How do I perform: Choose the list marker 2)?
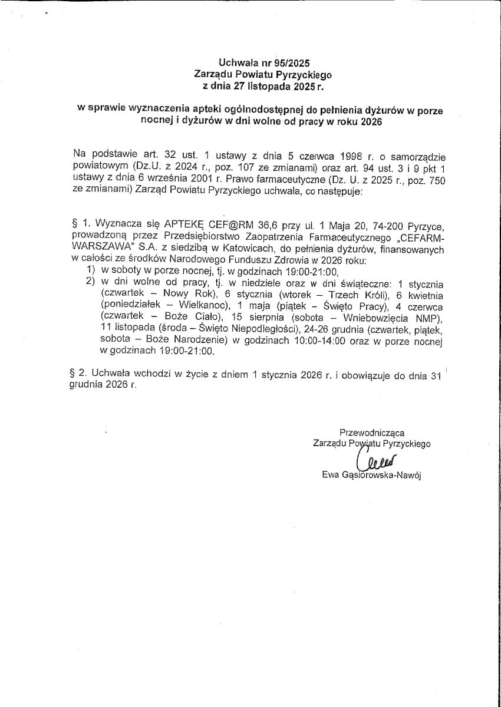point(91,283)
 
